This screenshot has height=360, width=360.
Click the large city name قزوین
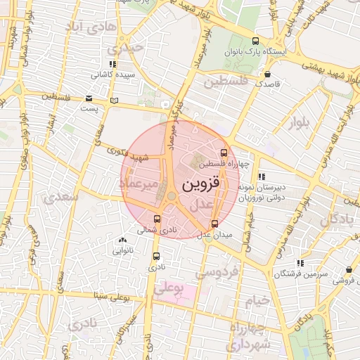201,184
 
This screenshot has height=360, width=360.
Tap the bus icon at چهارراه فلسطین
224,153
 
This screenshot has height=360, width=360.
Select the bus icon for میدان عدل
214,224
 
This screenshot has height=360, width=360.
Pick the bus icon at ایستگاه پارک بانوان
255,41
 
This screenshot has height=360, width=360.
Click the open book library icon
114,101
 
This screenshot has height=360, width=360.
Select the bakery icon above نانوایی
123,240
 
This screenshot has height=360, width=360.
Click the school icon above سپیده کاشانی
112,64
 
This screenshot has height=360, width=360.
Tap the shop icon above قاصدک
267,73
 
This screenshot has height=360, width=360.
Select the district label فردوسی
217,271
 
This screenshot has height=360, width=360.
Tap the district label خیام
257,301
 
